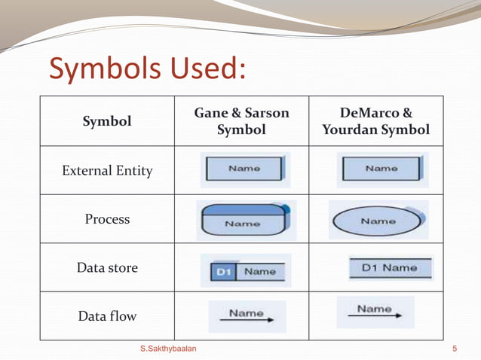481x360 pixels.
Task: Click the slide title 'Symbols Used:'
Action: coord(148,69)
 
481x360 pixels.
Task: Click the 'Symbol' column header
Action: coord(107,121)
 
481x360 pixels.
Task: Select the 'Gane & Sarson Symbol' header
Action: coord(241,121)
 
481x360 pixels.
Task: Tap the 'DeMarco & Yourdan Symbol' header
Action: coord(375,121)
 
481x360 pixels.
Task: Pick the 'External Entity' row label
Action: coord(107,171)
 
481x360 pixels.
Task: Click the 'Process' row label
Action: coord(107,219)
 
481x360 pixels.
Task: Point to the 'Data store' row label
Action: coord(107,267)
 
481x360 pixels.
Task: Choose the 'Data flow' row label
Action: coord(107,316)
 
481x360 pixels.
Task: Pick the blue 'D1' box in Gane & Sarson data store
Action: coord(222,271)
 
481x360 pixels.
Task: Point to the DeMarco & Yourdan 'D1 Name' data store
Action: coord(390,267)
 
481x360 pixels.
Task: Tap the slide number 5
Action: coord(455,349)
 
